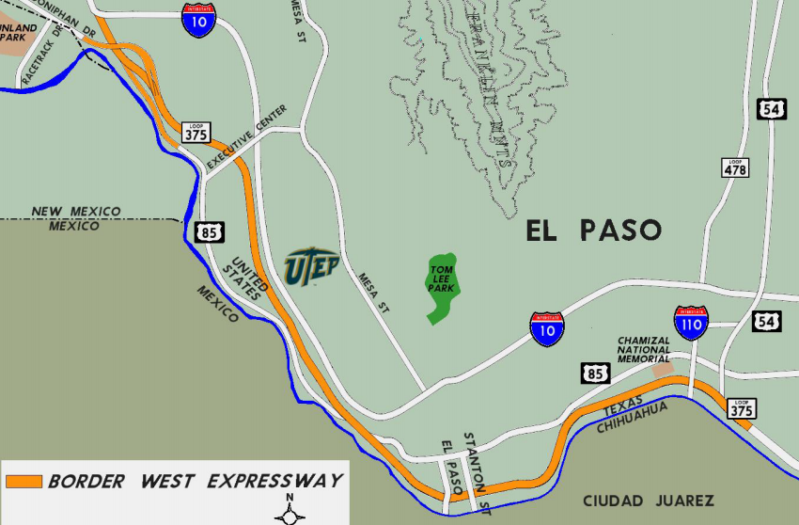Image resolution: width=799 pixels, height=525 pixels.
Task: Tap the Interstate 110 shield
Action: [691, 323]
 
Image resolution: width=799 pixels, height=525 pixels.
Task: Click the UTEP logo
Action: [311, 265]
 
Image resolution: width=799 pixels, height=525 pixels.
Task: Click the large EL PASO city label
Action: [593, 231]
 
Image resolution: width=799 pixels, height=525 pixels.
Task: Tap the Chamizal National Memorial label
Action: [644, 349]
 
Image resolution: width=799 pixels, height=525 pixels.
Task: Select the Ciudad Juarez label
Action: [649, 501]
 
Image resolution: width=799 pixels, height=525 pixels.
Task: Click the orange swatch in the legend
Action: [23, 482]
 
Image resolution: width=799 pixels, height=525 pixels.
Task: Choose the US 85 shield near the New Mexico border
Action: [209, 231]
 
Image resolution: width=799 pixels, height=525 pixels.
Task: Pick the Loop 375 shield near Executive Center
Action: [196, 132]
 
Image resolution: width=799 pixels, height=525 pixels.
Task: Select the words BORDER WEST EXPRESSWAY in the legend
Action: [196, 482]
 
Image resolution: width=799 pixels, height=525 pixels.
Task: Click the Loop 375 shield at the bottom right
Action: [742, 408]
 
